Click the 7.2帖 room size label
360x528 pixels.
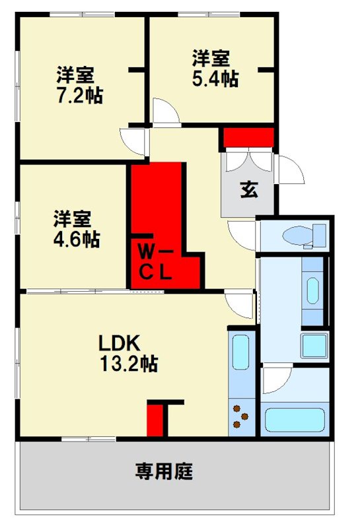coord(79,96)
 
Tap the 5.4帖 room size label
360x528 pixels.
coord(215,79)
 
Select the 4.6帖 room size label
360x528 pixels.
coord(77,239)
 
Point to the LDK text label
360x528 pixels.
coord(120,343)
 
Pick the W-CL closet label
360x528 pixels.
coord(156,263)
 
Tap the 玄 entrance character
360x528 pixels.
coord(248,189)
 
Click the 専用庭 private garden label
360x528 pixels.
coord(164,471)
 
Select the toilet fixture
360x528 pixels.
coord(305,235)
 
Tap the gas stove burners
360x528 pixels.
coord(241,416)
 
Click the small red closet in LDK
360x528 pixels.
coord(155,420)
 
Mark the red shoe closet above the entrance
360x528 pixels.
coord(248,138)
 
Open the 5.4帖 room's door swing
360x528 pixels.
coord(165,111)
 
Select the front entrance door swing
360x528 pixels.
coord(289,170)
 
